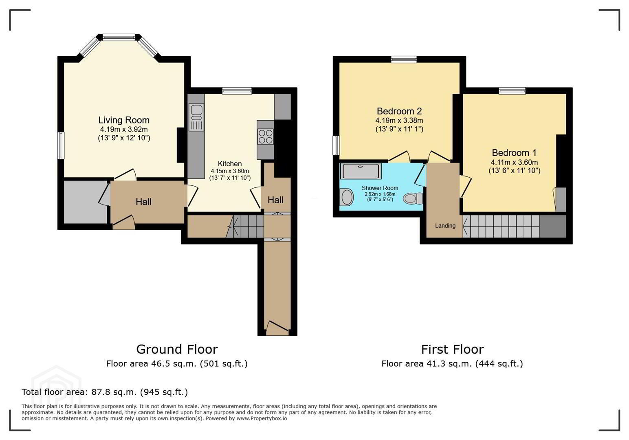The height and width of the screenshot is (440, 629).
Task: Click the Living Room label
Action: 124,120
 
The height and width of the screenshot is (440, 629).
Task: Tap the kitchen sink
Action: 196,117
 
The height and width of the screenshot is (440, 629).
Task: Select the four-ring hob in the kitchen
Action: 266,137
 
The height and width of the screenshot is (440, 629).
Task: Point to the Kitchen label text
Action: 230,164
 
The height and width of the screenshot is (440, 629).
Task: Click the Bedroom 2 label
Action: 399,111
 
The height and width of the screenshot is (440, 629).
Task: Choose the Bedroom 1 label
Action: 514,153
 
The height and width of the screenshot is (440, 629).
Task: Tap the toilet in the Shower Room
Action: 413,198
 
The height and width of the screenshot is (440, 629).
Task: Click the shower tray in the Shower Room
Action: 361,171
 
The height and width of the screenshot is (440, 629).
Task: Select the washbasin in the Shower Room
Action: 347,197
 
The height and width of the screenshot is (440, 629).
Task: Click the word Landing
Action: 445,225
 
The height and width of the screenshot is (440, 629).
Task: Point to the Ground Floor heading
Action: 177,350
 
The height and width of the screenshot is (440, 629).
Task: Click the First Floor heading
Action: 452,350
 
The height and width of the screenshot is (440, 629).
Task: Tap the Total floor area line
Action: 105,392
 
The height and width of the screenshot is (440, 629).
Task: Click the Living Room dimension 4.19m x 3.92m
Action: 124,130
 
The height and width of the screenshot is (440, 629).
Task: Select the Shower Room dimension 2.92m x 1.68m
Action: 380,194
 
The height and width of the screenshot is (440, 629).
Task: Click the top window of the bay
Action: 119,37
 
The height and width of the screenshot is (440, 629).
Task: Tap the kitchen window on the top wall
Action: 237,90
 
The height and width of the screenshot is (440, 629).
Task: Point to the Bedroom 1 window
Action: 512,90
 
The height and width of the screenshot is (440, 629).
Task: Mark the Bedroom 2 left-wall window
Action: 336,145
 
